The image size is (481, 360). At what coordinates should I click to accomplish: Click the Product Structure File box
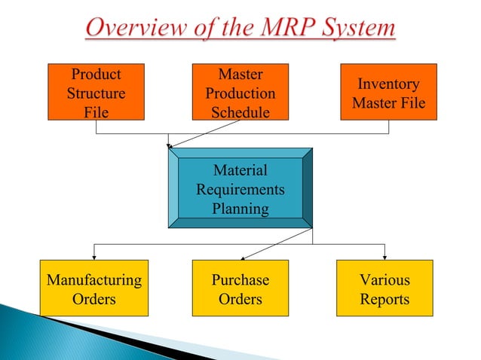96,93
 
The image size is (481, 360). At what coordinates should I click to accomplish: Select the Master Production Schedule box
240,93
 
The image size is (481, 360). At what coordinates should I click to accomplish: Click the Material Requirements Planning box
240,188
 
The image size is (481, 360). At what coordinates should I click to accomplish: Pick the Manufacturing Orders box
93,289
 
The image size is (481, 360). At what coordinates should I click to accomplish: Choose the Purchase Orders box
240,289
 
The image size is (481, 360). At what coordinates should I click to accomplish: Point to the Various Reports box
384,289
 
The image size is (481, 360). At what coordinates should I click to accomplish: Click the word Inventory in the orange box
389,84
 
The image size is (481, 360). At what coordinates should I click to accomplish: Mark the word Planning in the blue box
240,209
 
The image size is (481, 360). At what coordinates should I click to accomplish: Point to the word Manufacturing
93,280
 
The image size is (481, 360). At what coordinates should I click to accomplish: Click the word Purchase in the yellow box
240,280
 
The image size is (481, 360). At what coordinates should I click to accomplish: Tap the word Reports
384,299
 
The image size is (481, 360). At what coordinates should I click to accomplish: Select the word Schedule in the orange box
240,112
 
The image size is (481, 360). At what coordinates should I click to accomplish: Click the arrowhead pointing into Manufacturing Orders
93,256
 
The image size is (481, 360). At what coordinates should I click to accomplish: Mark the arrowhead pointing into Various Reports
384,256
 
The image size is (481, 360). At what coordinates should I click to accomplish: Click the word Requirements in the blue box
240,189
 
